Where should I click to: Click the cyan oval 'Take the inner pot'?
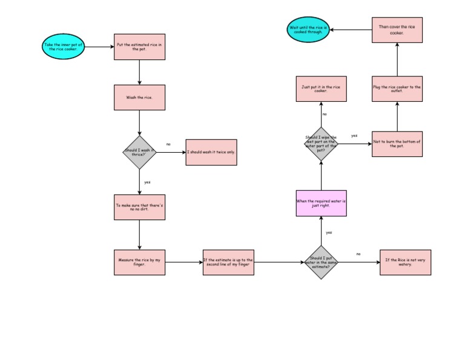pyautogui.click(x=64, y=47)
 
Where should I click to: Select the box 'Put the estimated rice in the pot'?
pyautogui.click(x=139, y=47)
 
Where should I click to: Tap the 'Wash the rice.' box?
pyautogui.click(x=139, y=97)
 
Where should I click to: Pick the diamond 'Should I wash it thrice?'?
pyautogui.click(x=139, y=152)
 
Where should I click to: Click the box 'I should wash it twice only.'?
pyautogui.click(x=211, y=152)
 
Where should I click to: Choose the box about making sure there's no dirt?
pyautogui.click(x=139, y=207)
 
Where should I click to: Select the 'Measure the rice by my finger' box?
pyautogui.click(x=139, y=262)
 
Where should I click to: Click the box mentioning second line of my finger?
pyautogui.click(x=228, y=262)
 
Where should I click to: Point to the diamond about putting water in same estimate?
pyautogui.click(x=320, y=262)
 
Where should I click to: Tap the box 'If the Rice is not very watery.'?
pyautogui.click(x=405, y=262)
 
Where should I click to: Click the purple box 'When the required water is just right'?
pyautogui.click(x=321, y=203)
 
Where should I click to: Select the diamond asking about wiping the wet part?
pyautogui.click(x=321, y=144)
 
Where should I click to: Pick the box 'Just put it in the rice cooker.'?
pyautogui.click(x=321, y=89)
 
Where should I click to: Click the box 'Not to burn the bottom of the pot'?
pyautogui.click(x=397, y=144)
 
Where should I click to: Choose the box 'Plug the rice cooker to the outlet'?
pyautogui.click(x=397, y=89)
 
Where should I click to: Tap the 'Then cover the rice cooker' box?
pyautogui.click(x=397, y=30)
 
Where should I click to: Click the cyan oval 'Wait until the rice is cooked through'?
pyautogui.click(x=308, y=30)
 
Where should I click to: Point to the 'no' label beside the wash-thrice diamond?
pyautogui.click(x=168, y=144)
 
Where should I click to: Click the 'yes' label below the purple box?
pyautogui.click(x=329, y=232)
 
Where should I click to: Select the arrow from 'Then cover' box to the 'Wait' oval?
pyautogui.click(x=351, y=30)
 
